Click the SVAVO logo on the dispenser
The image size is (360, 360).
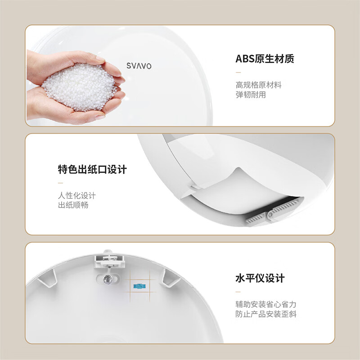pyautogui.click(x=139, y=66)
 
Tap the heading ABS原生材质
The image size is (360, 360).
pyautogui.click(x=265, y=59)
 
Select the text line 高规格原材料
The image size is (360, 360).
pyautogui.click(x=258, y=85)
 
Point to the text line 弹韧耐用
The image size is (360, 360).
pyautogui.click(x=251, y=94)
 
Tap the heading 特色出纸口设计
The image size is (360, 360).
pyautogui.click(x=92, y=170)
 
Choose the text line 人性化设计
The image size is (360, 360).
pyautogui.click(x=77, y=196)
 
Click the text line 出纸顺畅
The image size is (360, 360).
pyautogui.click(x=73, y=205)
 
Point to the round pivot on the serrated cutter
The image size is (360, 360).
pyautogui.click(x=271, y=215)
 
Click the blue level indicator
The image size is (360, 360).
pyautogui.click(x=139, y=286)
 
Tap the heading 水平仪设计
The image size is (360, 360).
pyautogui.click(x=260, y=278)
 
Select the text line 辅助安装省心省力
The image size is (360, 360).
pyautogui.click(x=266, y=305)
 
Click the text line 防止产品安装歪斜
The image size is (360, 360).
pyautogui.click(x=266, y=314)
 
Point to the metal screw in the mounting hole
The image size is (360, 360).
pyautogui.click(x=107, y=279)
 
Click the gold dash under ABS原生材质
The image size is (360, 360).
pyautogui.click(x=238, y=72)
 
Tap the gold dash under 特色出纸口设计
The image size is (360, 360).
pyautogui.click(x=60, y=183)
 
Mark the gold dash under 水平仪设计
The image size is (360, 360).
pyautogui.click(x=238, y=292)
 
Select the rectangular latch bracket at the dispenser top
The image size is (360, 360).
pyautogui.click(x=110, y=261)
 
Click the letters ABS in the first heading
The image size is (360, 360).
pyautogui.click(x=245, y=59)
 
